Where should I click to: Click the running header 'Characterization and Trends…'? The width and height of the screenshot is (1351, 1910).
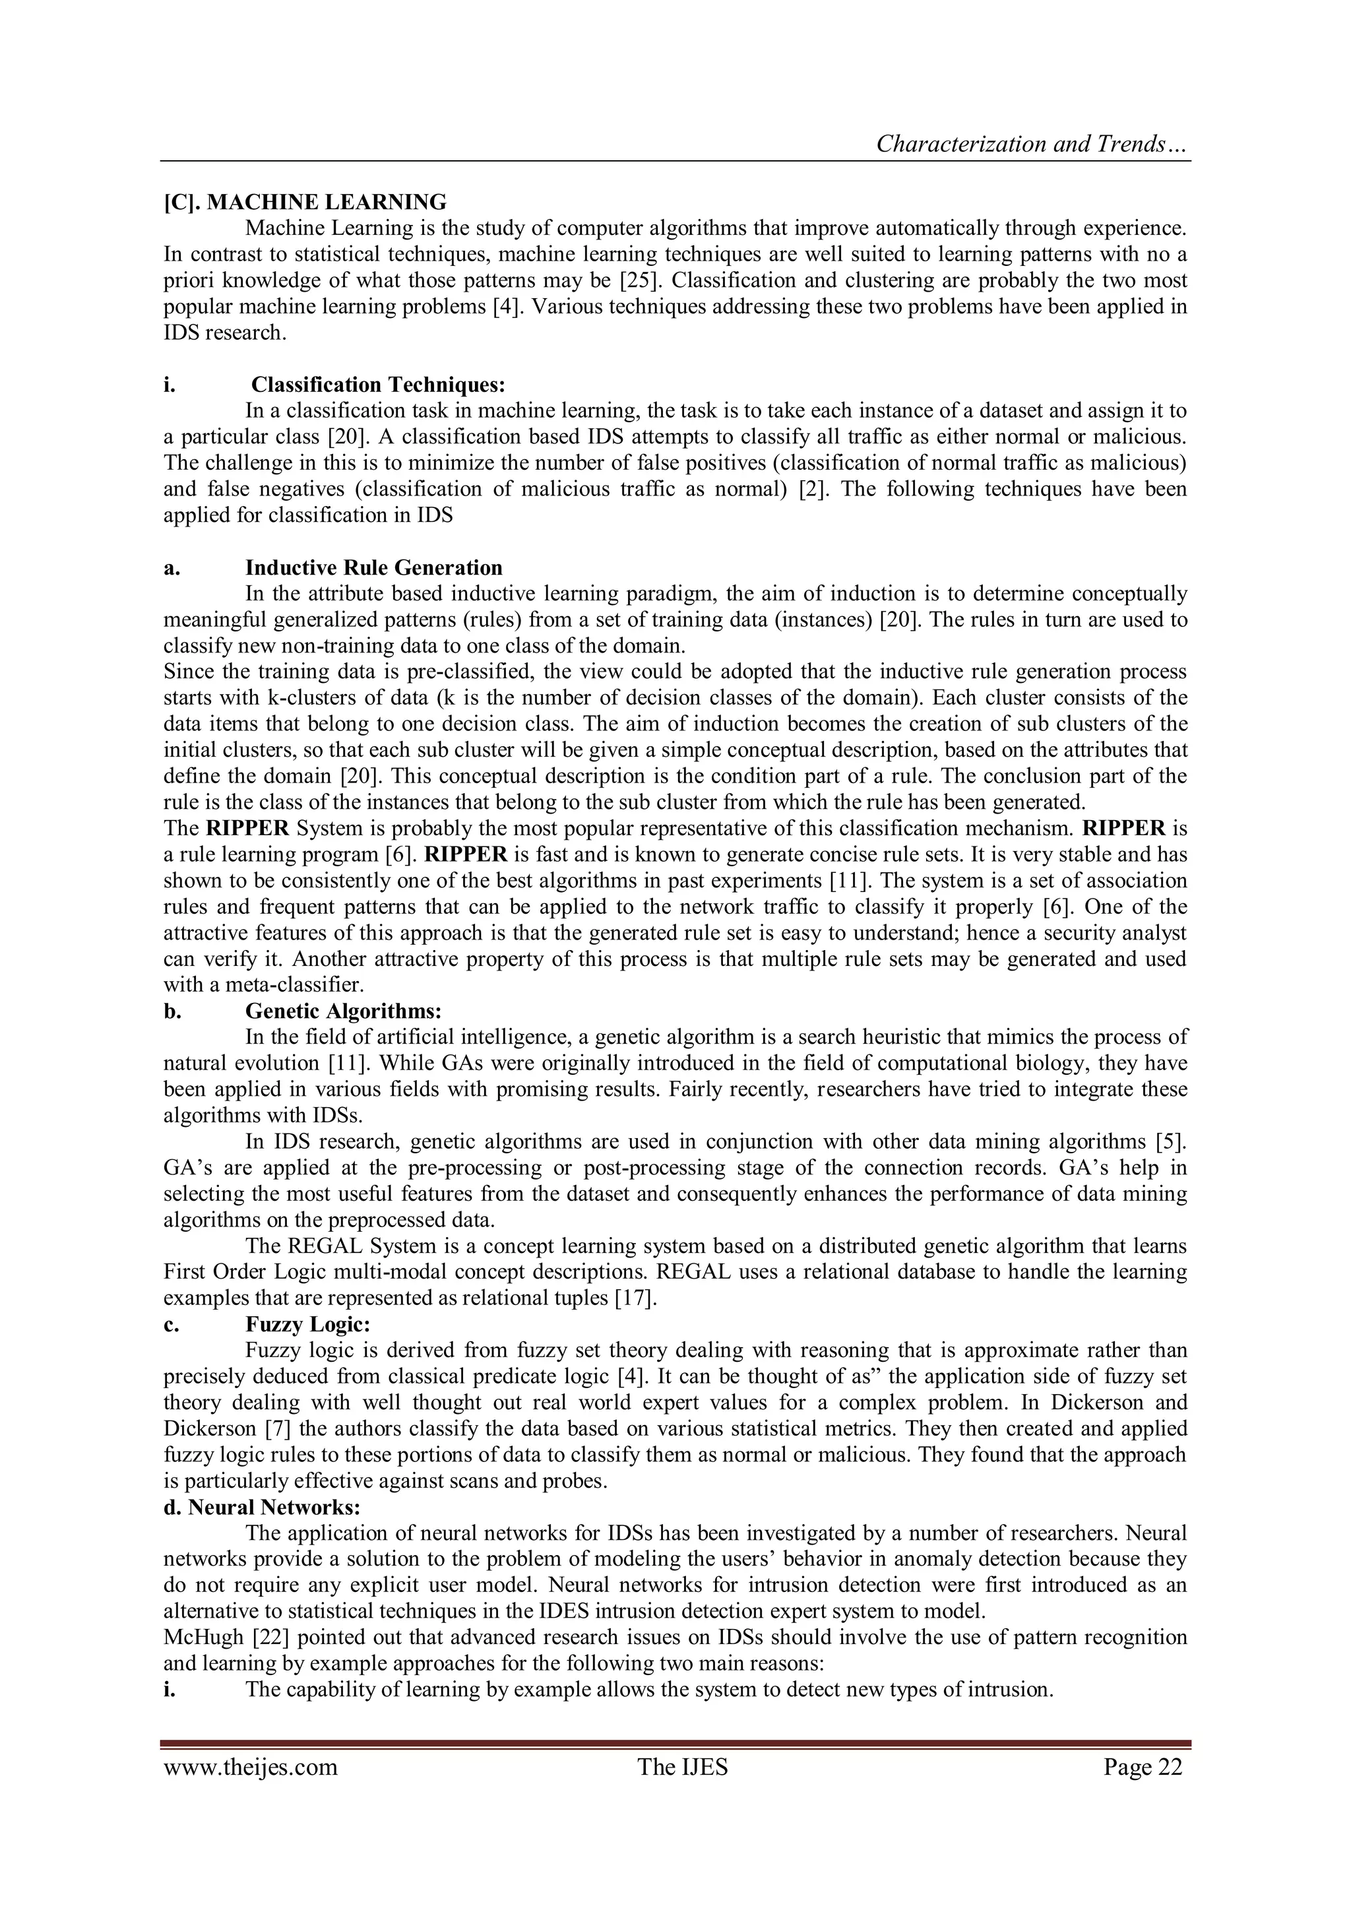[x=1032, y=144]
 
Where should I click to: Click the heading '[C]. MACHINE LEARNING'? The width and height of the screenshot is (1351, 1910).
[x=305, y=202]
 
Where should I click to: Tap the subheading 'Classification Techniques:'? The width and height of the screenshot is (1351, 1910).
[x=379, y=385]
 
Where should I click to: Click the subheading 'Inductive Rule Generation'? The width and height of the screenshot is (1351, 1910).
[x=373, y=567]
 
